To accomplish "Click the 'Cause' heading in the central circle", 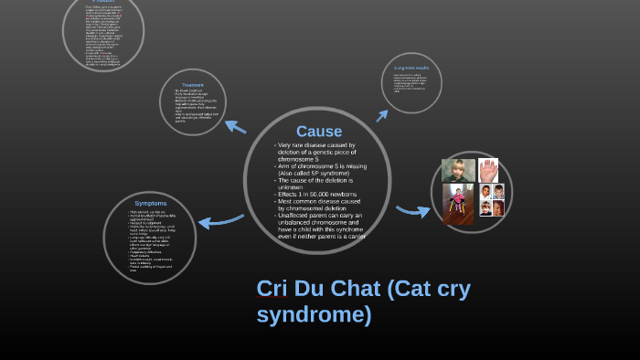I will point(318,132).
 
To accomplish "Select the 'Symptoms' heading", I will point(150,203).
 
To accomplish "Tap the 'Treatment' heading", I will point(192,85).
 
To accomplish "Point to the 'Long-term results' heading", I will point(411,68).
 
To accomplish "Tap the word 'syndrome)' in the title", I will point(314,315).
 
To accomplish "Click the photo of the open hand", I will point(487,170).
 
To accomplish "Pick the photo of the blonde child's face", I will point(457,171).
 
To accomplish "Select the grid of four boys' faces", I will point(491,200).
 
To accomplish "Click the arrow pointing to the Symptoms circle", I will point(220,220).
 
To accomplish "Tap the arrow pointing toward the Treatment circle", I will point(235,126).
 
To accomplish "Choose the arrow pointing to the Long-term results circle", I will point(382,115).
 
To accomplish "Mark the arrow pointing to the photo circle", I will point(412,210).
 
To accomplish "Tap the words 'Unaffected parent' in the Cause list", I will point(305,215).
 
